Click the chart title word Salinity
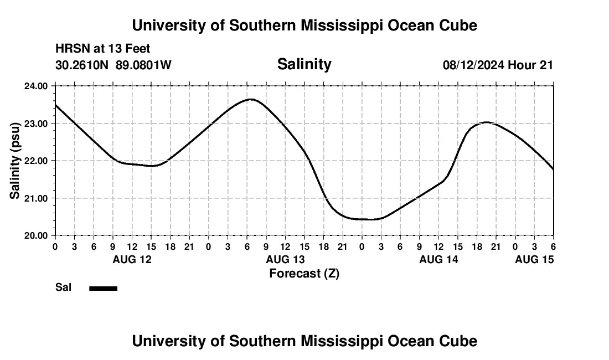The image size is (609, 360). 304,64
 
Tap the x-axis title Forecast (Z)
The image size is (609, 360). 304,273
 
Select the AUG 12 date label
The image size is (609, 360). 132,259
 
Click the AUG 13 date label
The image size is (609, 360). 285,259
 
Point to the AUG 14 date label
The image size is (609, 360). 438,259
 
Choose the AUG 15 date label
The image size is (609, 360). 534,259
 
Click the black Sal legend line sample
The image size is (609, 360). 103,288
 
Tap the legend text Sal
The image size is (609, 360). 64,287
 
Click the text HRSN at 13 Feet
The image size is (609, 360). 102,49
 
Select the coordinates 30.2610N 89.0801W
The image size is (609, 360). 113,65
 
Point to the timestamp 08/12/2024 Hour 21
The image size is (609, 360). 498,65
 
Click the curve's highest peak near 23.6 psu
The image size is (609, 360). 251,100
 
